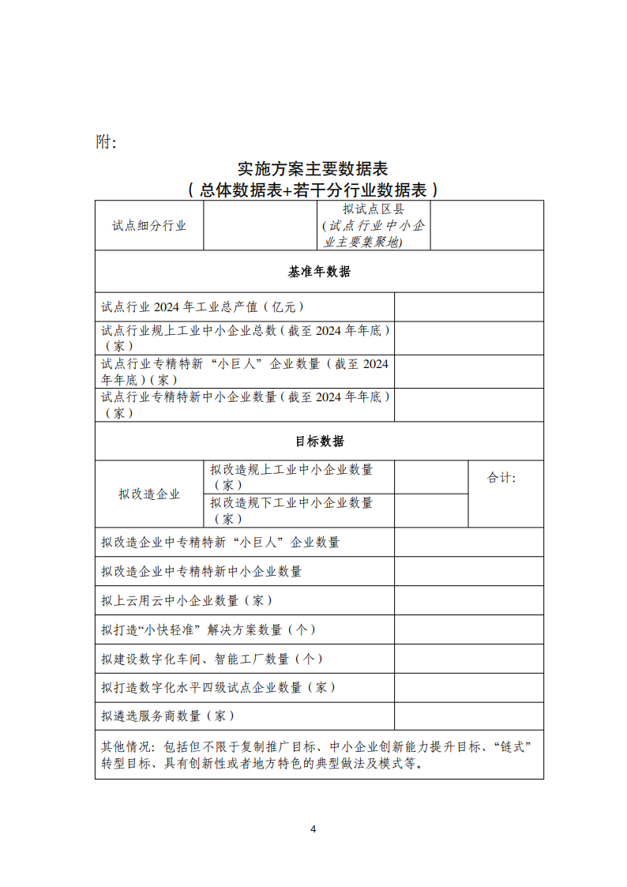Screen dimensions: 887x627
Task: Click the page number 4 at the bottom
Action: point(313,829)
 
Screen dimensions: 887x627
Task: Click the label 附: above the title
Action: point(106,142)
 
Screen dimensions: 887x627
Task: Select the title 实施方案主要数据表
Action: point(313,169)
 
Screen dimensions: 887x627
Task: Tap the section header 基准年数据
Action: point(319,272)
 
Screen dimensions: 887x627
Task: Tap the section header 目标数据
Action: point(319,441)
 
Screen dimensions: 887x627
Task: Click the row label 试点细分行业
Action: point(149,225)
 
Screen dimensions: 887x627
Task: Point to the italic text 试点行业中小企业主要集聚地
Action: point(374,234)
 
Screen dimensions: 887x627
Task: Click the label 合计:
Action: point(501,478)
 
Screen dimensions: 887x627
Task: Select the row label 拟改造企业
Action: point(149,494)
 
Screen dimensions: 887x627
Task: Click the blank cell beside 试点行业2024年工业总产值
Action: point(468,306)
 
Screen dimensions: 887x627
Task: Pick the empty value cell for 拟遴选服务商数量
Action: point(468,716)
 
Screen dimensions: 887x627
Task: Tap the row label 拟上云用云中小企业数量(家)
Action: point(187,600)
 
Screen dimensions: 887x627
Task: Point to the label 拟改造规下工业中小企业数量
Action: point(291,510)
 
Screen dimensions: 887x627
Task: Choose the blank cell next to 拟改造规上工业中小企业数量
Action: point(431,477)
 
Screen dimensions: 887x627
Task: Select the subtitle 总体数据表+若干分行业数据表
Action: point(313,190)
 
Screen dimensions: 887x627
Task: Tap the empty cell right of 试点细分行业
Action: point(261,225)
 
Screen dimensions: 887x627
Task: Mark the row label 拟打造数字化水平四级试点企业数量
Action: point(213,687)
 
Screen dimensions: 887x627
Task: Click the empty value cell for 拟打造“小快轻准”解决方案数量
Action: point(468,630)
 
